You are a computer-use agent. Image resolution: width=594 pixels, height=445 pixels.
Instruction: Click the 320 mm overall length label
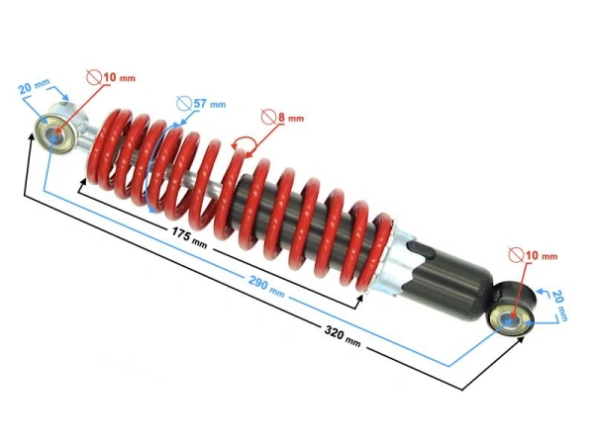point(343,335)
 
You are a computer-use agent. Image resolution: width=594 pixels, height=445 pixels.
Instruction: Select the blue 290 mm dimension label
point(266,286)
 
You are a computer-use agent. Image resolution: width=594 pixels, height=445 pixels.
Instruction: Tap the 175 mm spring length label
point(189,237)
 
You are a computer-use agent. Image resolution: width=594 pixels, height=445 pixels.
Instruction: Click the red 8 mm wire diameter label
point(291,118)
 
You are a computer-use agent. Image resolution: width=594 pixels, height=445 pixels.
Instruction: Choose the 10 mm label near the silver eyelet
point(120,78)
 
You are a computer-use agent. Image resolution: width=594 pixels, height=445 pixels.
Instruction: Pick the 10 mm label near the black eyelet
point(542,256)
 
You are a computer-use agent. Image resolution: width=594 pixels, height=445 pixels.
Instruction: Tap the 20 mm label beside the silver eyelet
point(34,87)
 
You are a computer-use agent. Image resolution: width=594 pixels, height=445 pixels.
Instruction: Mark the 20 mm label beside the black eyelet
point(560,306)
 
